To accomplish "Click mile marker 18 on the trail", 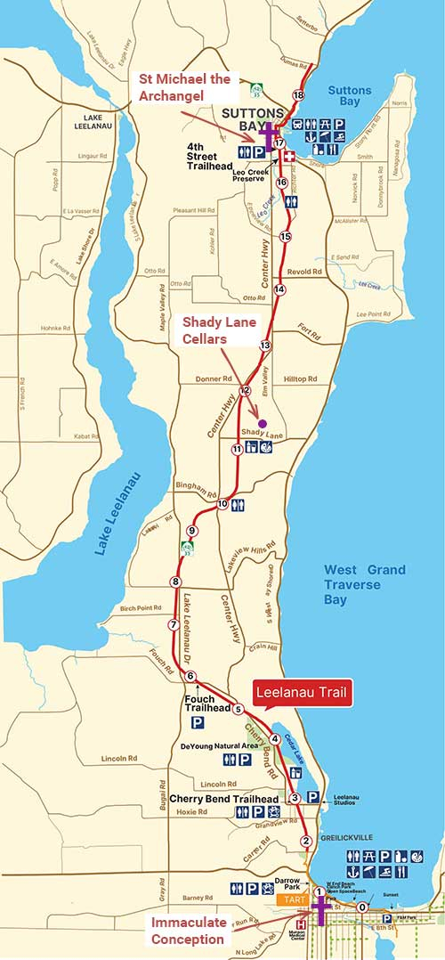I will [x=298, y=95].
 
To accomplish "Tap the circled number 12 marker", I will [x=246, y=390].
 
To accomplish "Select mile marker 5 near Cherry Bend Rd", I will [x=239, y=710].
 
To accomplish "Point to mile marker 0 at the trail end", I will [x=361, y=907].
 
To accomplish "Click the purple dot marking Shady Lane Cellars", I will [x=262, y=422].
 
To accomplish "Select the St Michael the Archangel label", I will [x=183, y=87].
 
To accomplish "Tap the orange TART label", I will [x=292, y=899].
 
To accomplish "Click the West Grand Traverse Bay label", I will [x=364, y=585].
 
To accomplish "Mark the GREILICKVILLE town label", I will [x=348, y=836].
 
